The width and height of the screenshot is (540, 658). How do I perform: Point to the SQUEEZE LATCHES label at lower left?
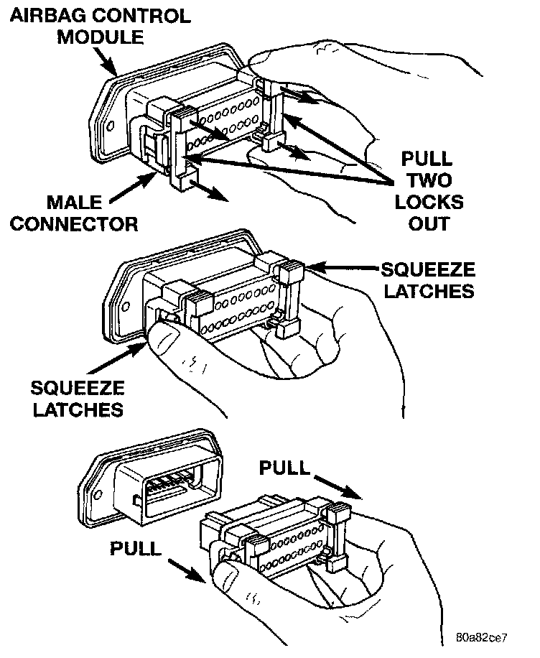tap(77, 399)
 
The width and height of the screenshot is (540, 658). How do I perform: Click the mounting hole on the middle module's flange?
tap(125, 307)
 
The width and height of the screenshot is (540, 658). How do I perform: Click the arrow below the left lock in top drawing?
tap(213, 195)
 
